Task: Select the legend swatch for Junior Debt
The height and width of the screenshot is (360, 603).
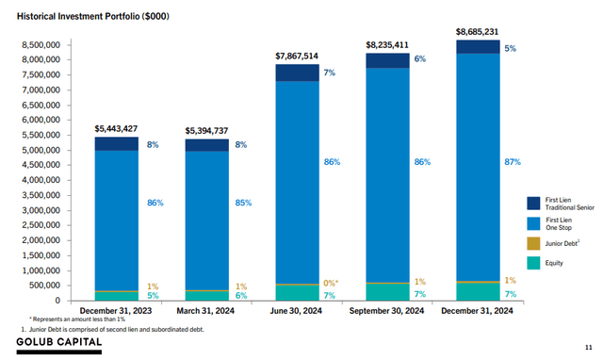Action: (x=532, y=243)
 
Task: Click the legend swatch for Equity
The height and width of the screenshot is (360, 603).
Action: (x=532, y=263)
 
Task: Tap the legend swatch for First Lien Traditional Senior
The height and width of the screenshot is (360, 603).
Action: (x=532, y=204)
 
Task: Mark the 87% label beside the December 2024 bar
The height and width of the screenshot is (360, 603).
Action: (x=512, y=162)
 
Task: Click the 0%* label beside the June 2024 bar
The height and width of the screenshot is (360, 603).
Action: (x=331, y=282)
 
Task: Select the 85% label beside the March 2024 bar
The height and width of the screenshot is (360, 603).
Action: (x=240, y=202)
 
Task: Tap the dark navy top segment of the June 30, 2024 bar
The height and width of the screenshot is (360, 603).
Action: (x=298, y=73)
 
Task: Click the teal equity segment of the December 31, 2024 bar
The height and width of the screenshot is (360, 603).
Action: (x=478, y=291)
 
